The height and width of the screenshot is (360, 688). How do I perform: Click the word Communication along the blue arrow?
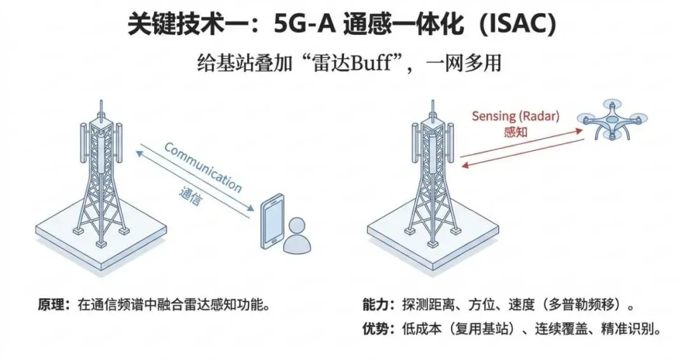point(203,168)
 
